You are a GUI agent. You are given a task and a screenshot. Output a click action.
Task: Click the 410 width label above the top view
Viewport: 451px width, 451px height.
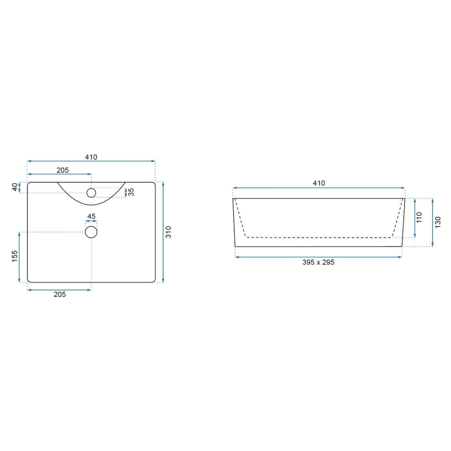pos(91,157)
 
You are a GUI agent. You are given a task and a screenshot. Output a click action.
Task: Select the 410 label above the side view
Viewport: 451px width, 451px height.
pos(319,183)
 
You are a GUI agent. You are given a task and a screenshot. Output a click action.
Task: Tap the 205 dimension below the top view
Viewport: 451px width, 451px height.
pos(59,295)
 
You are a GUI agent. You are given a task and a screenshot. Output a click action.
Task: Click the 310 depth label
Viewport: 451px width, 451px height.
pos(168,232)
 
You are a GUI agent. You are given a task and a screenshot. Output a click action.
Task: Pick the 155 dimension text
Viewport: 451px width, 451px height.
pos(15,257)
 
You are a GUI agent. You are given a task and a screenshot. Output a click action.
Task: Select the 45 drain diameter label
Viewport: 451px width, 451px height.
pos(91,217)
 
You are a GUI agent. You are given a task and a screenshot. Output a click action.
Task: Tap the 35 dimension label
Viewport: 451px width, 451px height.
pos(131,192)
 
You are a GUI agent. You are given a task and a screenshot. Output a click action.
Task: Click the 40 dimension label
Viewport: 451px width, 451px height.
pos(15,187)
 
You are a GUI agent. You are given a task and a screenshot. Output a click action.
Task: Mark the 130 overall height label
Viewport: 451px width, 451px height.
pos(437,222)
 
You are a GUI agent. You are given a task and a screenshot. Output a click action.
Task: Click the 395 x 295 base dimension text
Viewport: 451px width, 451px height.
pos(318,262)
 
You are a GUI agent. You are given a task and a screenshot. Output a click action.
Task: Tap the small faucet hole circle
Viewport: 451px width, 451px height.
pos(91,193)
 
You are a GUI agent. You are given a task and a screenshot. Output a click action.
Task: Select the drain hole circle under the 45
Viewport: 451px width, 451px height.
pos(91,232)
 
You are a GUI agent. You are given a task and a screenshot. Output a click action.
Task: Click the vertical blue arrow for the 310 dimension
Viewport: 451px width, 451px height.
pos(163,232)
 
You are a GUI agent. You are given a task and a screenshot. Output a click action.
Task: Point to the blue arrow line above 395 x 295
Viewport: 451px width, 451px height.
pos(318,256)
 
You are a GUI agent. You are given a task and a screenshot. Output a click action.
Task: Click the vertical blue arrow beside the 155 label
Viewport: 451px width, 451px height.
pos(20,257)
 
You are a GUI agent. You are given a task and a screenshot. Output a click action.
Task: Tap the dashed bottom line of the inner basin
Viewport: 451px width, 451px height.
pos(318,237)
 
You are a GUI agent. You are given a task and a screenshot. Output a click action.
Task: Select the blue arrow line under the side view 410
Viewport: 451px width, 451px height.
pos(319,188)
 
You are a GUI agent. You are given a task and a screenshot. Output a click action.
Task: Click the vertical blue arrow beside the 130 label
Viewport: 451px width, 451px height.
pos(432,222)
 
